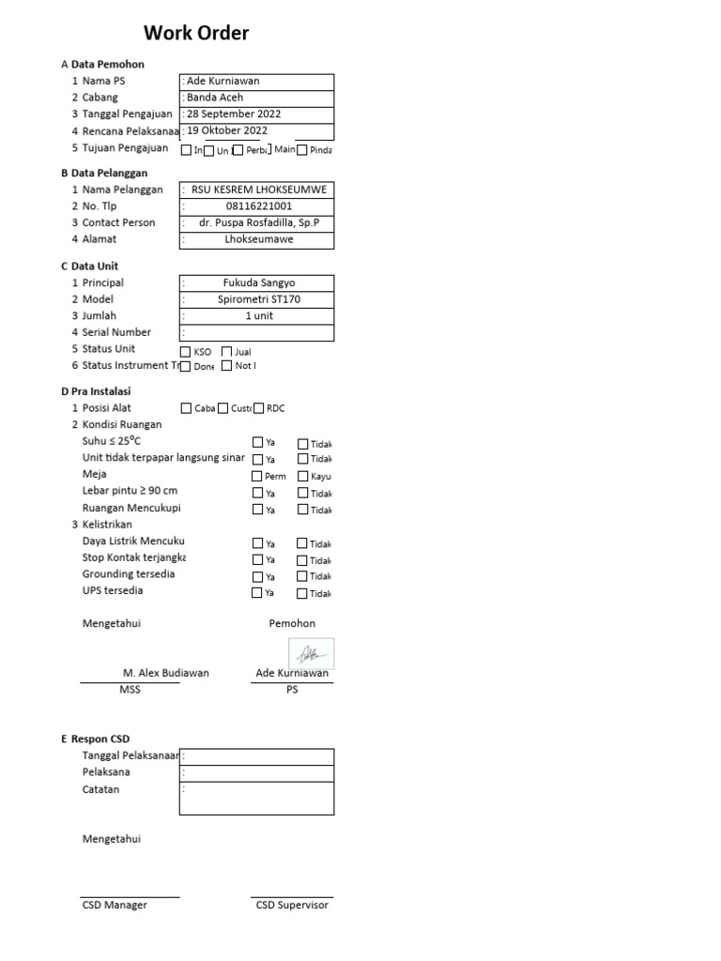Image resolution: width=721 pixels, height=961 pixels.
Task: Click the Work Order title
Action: point(196,34)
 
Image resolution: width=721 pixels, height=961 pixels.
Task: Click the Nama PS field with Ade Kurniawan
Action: point(256,82)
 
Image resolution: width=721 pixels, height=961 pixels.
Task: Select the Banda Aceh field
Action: point(256,98)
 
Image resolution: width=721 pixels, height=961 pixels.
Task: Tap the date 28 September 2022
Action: point(256,114)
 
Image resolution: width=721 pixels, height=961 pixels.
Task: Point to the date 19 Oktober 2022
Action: point(256,130)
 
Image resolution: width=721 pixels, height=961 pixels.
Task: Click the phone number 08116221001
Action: point(259,206)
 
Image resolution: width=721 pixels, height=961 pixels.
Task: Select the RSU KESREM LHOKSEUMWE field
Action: point(259,190)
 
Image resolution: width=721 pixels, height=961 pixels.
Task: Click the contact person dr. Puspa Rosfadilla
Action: point(259,223)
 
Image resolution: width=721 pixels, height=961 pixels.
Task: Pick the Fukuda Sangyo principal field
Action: point(259,282)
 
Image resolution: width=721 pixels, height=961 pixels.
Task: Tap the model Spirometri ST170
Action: point(259,299)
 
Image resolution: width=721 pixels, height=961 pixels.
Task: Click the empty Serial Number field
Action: point(259,332)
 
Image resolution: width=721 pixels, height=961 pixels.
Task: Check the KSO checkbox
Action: point(185,351)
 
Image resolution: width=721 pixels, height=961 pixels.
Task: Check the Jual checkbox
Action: point(226,351)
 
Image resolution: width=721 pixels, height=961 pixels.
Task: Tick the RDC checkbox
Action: point(258,408)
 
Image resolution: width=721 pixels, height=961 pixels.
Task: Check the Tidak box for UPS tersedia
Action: point(302,593)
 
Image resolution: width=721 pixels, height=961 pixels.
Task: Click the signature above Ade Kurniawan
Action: point(311,653)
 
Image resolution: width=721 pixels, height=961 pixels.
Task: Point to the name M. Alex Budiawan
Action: point(166,673)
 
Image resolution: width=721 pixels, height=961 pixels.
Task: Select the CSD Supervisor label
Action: point(292,906)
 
